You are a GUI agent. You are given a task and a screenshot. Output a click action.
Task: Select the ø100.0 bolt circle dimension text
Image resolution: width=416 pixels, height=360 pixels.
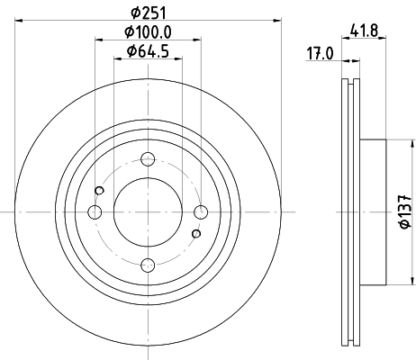(148, 32)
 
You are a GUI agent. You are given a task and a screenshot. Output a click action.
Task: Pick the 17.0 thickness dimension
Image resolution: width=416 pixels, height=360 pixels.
(320, 53)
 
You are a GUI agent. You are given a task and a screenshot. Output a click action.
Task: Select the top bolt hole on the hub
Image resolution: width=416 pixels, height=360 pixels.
(147, 161)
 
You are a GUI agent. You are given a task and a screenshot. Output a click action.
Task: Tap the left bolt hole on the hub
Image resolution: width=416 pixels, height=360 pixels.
(95, 212)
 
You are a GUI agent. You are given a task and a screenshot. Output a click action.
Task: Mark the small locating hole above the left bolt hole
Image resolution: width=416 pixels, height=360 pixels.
(99, 190)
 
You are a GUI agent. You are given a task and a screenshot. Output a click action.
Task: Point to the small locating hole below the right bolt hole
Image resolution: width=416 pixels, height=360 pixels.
(194, 234)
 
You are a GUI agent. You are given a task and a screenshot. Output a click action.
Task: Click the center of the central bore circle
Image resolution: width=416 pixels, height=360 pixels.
(147, 212)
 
